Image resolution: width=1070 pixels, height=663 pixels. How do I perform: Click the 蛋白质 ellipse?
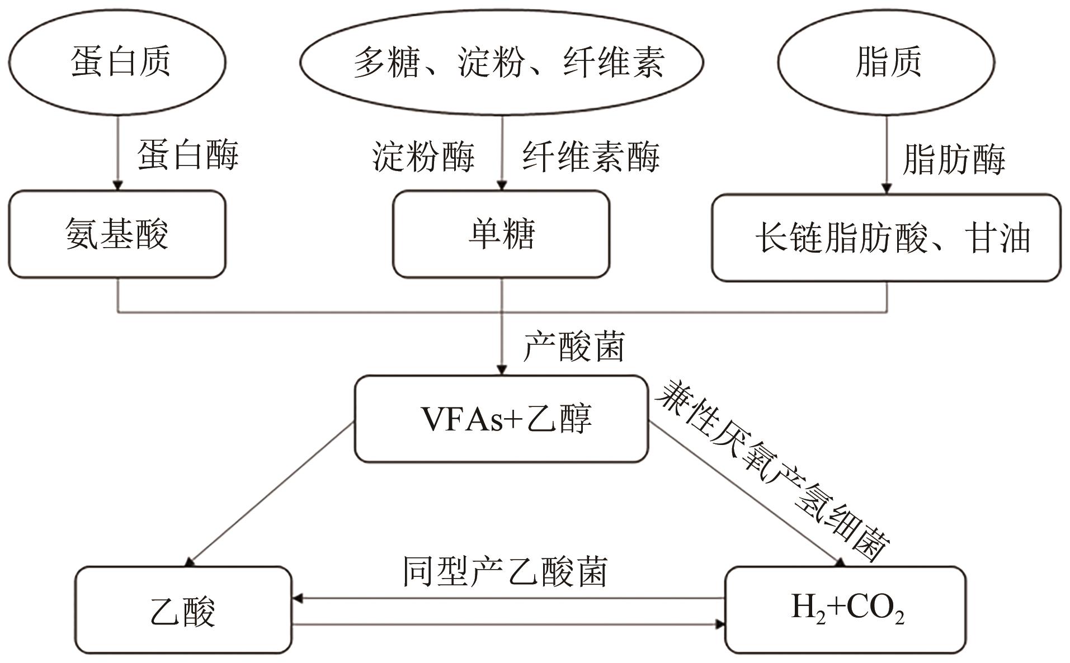click(x=117, y=61)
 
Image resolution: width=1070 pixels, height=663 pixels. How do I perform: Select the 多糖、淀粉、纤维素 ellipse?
click(x=502, y=61)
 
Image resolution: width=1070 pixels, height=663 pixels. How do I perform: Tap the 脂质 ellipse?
click(x=886, y=61)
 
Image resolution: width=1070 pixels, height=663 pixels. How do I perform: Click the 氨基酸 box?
click(x=117, y=234)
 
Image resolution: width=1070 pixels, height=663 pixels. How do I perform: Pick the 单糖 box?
click(x=501, y=234)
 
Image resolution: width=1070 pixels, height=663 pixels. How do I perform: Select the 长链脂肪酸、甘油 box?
click(x=886, y=238)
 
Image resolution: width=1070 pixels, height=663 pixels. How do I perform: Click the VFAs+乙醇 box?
click(x=502, y=419)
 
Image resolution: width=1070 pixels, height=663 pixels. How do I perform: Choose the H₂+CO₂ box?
click(x=846, y=609)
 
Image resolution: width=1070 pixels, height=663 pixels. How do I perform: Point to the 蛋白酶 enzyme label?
click(x=188, y=155)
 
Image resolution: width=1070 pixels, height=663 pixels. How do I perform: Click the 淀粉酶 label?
click(x=423, y=157)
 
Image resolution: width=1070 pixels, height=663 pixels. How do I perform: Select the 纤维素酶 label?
click(x=591, y=157)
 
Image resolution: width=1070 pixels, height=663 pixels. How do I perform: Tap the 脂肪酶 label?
click(x=954, y=159)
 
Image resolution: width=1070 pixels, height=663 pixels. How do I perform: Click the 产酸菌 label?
click(x=573, y=347)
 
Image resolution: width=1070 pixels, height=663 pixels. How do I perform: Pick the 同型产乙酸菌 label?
click(x=505, y=572)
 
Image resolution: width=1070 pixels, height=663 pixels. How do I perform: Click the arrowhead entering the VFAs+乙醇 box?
click(x=502, y=370)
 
